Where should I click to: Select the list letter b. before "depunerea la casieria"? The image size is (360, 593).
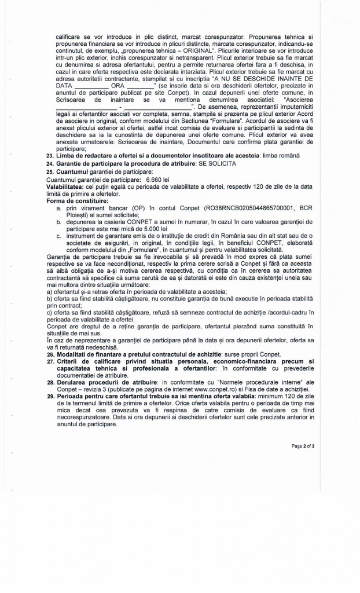(59, 221)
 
